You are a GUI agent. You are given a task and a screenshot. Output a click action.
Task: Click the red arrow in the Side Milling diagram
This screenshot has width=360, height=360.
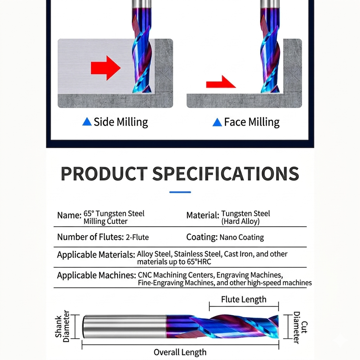106,68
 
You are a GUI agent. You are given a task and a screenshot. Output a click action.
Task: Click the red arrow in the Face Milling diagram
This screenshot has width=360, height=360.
220,82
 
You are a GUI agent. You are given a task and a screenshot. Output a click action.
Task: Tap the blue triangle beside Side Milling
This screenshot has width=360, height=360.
87,121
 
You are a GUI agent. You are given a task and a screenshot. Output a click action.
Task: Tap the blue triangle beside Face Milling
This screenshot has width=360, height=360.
217,122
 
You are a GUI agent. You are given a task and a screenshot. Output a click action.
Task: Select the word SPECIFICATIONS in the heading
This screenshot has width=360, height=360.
226,174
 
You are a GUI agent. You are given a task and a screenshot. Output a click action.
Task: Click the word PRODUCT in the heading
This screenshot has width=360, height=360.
104,174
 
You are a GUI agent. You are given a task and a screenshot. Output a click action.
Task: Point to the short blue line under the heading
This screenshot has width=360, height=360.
180,192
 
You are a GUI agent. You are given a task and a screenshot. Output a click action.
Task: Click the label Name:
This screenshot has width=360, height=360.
69,215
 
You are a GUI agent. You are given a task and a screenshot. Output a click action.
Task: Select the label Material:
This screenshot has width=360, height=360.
203,215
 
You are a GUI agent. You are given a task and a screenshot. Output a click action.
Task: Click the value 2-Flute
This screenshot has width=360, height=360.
137,237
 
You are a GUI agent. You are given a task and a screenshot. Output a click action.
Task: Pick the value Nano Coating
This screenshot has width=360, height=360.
241,237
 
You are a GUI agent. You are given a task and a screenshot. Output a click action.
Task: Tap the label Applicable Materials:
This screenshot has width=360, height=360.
96,255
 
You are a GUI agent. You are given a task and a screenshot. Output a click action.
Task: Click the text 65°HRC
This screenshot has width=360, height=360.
199,262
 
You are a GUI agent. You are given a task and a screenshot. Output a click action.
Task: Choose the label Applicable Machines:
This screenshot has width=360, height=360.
96,275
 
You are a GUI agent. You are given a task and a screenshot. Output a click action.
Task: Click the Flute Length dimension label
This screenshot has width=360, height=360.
244,299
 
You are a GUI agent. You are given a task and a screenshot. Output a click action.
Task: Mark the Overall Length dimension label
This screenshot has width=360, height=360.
180,352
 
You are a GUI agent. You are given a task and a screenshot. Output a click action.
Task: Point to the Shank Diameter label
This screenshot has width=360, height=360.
62,326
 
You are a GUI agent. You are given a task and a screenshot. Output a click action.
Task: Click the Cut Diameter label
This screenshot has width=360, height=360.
300,327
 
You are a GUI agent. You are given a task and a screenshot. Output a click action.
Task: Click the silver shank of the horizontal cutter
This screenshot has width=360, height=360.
124,327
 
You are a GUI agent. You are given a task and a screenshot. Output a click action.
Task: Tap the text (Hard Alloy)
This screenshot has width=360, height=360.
240,221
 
